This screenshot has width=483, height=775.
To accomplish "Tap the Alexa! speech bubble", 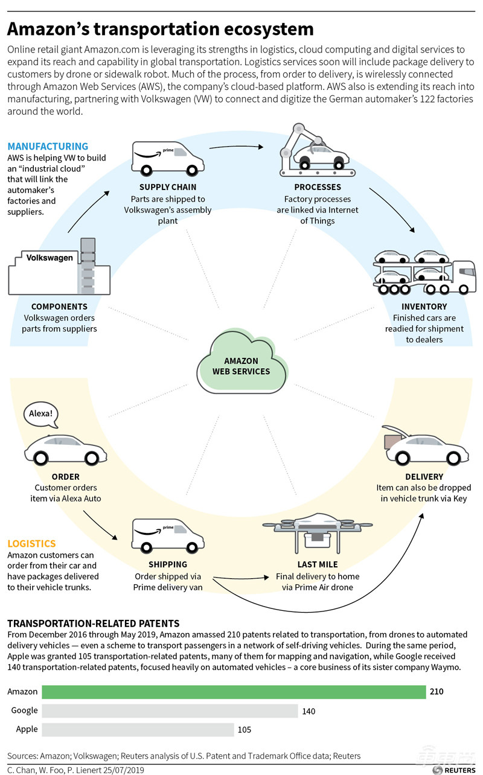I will [x=42, y=415].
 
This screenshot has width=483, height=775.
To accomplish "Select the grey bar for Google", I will [x=152, y=711].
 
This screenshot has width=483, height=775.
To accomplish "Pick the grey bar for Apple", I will [x=120, y=730].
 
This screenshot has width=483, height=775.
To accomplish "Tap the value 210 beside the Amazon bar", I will [x=437, y=692].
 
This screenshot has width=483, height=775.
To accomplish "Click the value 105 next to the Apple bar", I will [x=245, y=730].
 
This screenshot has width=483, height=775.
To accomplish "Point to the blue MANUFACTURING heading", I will [x=48, y=147].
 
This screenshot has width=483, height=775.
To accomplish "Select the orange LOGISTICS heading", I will [x=31, y=544].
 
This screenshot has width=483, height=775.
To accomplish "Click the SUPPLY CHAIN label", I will [x=167, y=187].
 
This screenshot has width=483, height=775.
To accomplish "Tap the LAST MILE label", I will [x=317, y=565].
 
